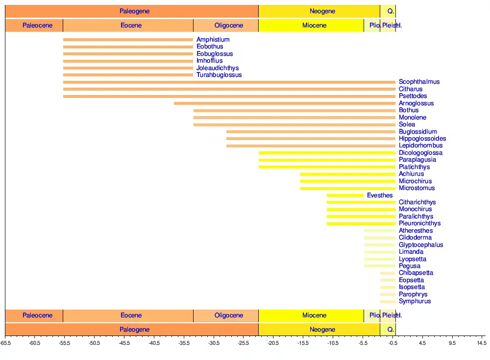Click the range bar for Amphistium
(x=128, y=40)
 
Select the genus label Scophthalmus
(x=419, y=82)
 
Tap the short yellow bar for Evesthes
(x=345, y=195)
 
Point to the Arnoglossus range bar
(x=284, y=103)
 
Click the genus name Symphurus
(x=415, y=301)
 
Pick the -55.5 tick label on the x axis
(x=65, y=343)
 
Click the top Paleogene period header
(x=134, y=11)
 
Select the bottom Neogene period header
(x=322, y=330)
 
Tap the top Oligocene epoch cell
(x=228, y=25)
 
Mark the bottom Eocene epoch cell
(x=131, y=315)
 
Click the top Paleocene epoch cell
(x=37, y=25)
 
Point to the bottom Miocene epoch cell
(x=314, y=315)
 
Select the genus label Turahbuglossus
(x=219, y=75)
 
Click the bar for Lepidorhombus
(x=311, y=146)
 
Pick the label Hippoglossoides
(x=422, y=139)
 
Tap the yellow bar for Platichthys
(x=327, y=167)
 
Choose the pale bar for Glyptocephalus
(x=380, y=245)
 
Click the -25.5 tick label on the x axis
(x=244, y=343)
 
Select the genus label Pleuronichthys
(x=419, y=223)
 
